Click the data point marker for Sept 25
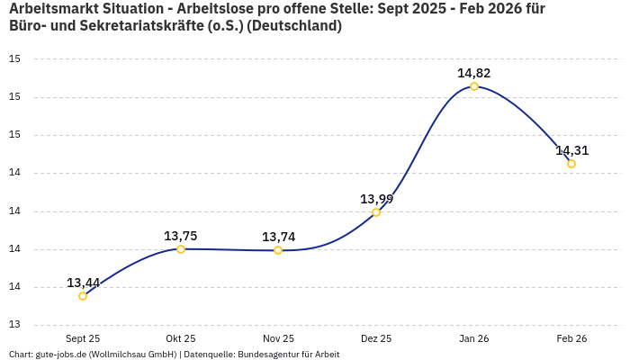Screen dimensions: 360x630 pyautogui.click(x=83, y=295)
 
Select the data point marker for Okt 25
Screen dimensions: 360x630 pyautogui.click(x=181, y=249)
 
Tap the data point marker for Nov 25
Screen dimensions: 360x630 pyautogui.click(x=278, y=250)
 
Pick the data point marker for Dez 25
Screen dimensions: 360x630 pyautogui.click(x=376, y=212)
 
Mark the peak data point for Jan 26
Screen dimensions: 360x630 pyautogui.click(x=474, y=86)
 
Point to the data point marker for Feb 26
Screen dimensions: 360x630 pyautogui.click(x=571, y=164)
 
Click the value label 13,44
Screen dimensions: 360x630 pyautogui.click(x=83, y=283)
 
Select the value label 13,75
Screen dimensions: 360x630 pyautogui.click(x=181, y=236)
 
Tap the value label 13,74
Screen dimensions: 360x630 pyautogui.click(x=278, y=237)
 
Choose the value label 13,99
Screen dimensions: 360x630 pyautogui.click(x=376, y=199)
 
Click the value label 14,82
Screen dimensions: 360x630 pyautogui.click(x=474, y=73)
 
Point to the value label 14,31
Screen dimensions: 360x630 pyautogui.click(x=571, y=150)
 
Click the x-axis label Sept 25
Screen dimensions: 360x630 pyautogui.click(x=83, y=338)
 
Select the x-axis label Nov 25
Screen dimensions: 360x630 pyautogui.click(x=278, y=338)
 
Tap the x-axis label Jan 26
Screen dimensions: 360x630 pyautogui.click(x=474, y=338)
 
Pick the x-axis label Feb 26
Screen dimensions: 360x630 pyautogui.click(x=571, y=338)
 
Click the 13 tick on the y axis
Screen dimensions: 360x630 pyautogui.click(x=14, y=326)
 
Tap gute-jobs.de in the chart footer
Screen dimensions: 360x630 pyautogui.click(x=60, y=355)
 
